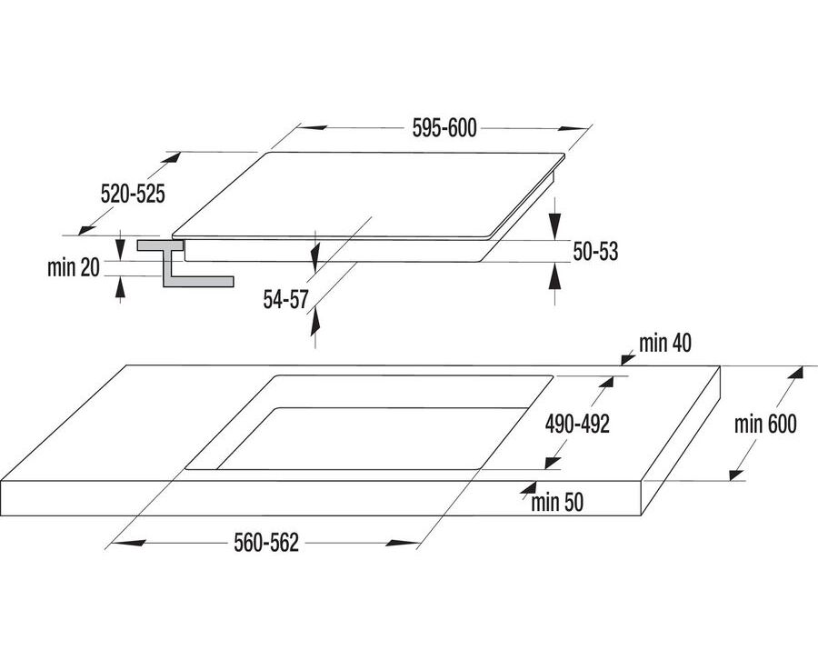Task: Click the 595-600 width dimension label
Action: point(444,128)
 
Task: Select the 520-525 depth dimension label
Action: point(133,194)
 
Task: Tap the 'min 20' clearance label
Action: point(73,267)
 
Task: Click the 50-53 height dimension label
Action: point(595,251)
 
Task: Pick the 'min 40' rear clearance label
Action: point(665,344)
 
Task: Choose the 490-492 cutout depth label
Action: point(577,425)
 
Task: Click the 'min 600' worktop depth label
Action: point(765,425)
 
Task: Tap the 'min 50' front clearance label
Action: point(557,503)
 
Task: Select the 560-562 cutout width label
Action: point(266,543)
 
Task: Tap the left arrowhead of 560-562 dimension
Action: point(128,543)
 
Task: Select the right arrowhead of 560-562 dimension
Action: point(401,543)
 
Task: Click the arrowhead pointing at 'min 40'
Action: point(627,358)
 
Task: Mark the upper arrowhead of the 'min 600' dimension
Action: point(795,373)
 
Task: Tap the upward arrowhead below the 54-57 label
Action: point(314,322)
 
